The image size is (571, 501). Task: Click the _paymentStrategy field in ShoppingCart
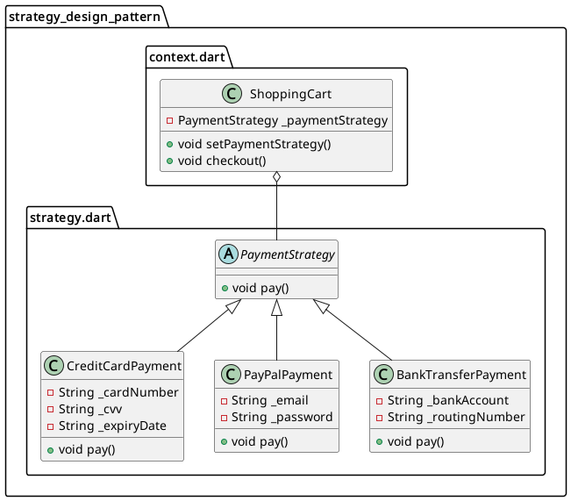pos(282,120)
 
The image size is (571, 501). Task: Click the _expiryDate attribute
pos(112,426)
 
